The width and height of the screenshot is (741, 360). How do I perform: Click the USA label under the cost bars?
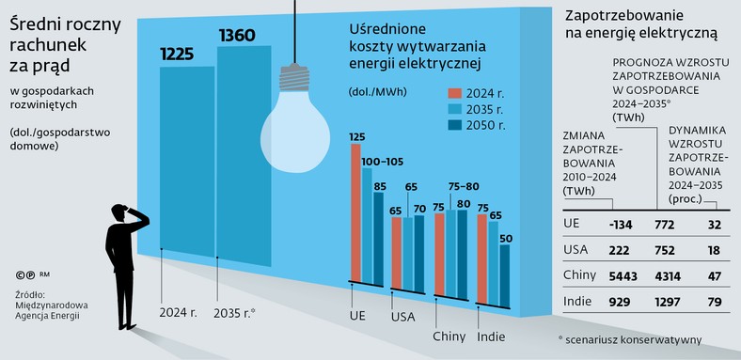click(x=403, y=317)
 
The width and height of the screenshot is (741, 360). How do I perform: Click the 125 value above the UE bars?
click(x=356, y=137)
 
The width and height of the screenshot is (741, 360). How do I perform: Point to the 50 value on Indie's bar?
click(x=505, y=239)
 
